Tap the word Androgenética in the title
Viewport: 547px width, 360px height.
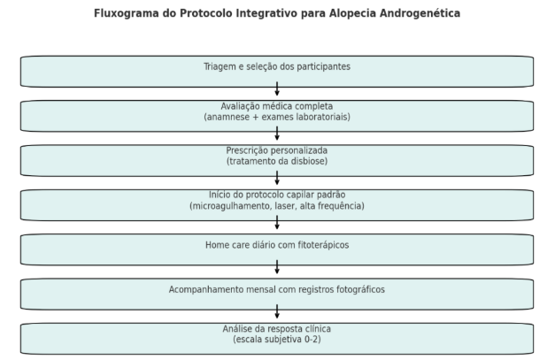[x=420, y=13]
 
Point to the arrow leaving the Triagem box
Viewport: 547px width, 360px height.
[x=277, y=88]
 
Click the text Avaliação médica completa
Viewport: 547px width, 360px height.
[x=277, y=106]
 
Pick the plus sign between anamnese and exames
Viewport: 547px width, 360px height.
[x=256, y=117]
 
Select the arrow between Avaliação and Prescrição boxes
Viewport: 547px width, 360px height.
[x=277, y=134]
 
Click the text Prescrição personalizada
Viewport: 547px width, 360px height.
[x=277, y=150]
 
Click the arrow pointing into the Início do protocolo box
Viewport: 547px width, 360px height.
[x=277, y=178]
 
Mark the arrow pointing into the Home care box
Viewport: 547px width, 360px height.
[x=277, y=222]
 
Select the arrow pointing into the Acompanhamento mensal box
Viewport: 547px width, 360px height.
[x=277, y=267]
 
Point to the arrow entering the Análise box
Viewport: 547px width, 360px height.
[x=277, y=311]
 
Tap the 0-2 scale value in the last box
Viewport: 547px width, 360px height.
[x=312, y=340]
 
